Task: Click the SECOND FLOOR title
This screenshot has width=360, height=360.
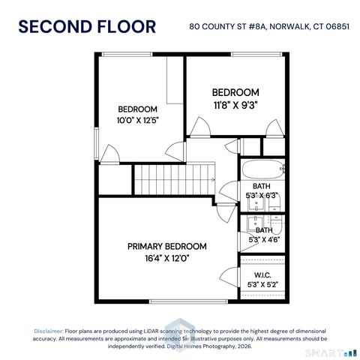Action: [87, 27]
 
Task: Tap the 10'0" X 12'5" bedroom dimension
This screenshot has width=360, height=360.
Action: [137, 119]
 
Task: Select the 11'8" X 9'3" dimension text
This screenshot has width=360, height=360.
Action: [236, 104]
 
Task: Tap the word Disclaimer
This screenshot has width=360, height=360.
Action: [48, 331]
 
